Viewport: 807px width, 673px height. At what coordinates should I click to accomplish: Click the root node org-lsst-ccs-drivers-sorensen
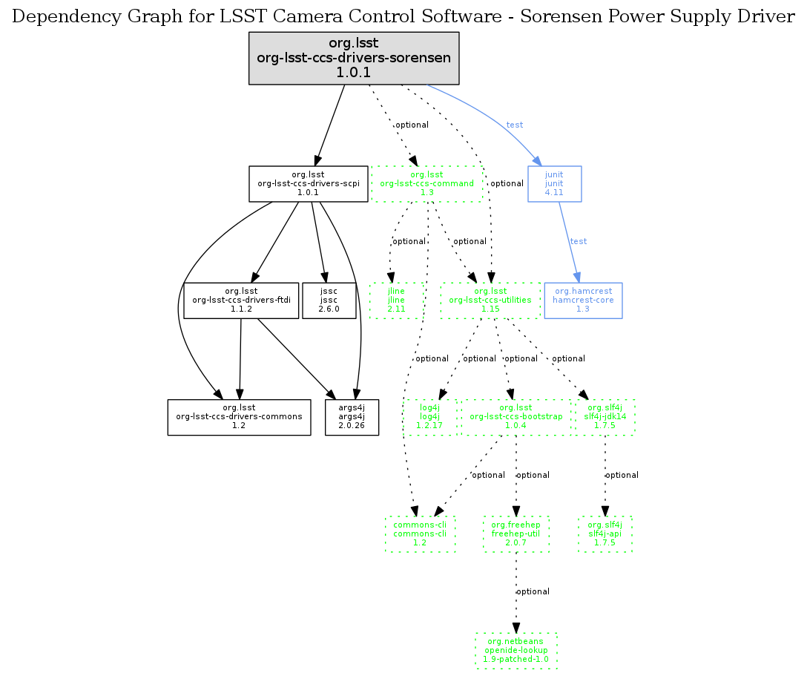354,58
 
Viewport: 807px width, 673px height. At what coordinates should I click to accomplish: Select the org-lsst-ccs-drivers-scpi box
308,183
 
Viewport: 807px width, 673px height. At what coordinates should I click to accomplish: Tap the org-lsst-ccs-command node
426,184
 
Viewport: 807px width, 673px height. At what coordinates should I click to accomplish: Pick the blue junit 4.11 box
554,183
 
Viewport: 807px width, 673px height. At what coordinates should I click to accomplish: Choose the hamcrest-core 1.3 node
583,300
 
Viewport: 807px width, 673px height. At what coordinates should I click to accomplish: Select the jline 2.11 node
397,300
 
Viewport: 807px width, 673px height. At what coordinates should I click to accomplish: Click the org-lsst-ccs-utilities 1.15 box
490,300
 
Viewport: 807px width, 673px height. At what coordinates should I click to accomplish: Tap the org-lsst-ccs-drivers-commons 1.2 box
239,417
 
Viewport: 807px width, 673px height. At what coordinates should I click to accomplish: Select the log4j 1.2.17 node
430,417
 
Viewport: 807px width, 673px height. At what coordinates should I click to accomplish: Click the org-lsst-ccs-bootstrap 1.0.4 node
516,417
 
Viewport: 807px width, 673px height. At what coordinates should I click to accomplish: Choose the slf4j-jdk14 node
606,417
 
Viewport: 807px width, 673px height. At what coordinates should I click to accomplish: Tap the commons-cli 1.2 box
420,534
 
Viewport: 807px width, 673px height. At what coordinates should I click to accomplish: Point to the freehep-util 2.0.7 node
516,534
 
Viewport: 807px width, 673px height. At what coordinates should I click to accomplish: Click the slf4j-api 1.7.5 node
605,534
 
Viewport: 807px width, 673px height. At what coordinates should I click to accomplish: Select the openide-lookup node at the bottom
516,651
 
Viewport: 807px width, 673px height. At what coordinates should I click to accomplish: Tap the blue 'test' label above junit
515,125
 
